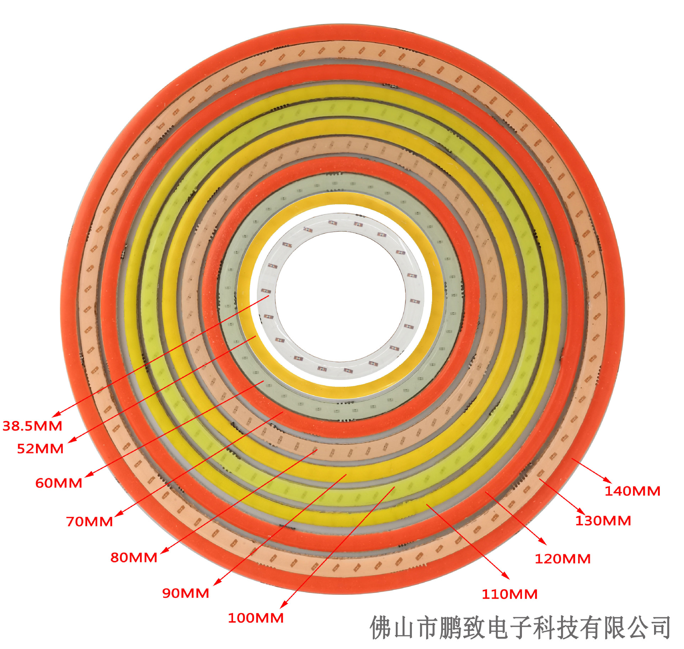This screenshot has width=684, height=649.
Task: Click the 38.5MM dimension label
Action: click(32, 426)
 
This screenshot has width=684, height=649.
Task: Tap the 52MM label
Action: click(40, 449)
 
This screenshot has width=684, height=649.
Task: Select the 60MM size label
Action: click(59, 483)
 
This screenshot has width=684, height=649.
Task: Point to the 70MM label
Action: click(89, 521)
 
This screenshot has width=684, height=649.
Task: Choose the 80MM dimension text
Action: click(134, 557)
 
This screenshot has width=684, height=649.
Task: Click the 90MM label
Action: click(186, 593)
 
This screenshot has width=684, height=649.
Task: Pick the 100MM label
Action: click(255, 618)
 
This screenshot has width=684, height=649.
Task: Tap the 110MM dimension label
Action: click(509, 594)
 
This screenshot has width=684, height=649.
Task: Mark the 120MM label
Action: click(563, 559)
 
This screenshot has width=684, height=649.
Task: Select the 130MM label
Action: click(603, 521)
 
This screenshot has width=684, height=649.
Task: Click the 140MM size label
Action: click(632, 491)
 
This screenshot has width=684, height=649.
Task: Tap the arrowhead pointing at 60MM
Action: click(88, 475)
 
